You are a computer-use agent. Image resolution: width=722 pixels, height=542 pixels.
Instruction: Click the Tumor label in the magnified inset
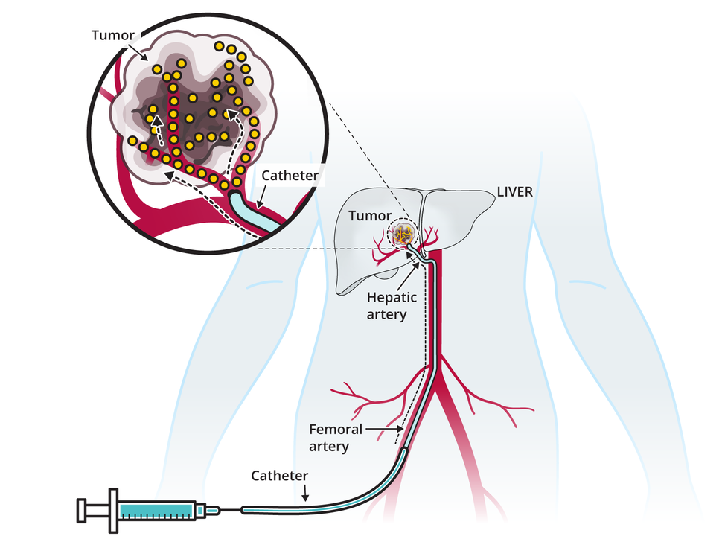point(112,34)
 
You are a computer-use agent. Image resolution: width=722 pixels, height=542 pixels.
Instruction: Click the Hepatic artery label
point(387,305)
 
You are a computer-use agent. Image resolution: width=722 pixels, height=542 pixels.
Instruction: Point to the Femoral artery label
point(336,438)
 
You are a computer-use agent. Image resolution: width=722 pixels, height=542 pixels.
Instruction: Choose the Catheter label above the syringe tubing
point(279,475)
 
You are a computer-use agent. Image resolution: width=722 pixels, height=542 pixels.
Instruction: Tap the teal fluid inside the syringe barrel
point(156,511)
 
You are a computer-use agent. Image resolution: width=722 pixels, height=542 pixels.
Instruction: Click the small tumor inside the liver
point(403,235)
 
